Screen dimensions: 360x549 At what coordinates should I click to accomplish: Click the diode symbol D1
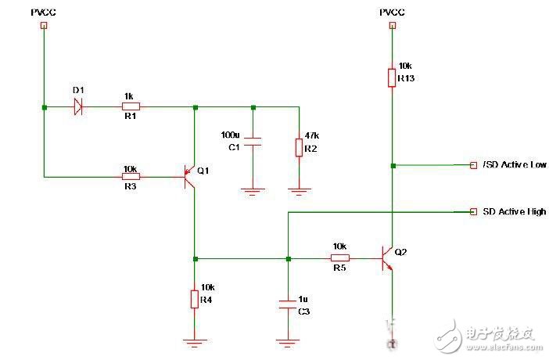[78, 107]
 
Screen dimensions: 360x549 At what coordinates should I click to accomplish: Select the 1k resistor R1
[131, 107]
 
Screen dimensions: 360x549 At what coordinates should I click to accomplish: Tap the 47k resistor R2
[298, 147]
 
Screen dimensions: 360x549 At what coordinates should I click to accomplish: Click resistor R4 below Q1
[194, 299]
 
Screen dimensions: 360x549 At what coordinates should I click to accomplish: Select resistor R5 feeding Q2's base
[339, 258]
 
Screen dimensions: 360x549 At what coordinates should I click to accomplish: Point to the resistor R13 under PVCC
[390, 77]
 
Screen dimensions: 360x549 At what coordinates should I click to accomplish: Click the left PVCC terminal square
[44, 25]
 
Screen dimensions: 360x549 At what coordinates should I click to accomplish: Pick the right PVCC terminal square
[390, 25]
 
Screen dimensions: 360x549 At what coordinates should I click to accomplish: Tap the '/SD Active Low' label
[515, 165]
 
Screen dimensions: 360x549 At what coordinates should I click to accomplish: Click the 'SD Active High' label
[515, 211]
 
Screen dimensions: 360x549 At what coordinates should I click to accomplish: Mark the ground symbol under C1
[252, 189]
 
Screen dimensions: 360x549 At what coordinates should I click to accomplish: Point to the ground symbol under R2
[298, 189]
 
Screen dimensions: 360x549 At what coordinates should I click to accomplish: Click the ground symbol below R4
[194, 340]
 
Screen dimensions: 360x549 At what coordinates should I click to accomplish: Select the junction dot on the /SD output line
[393, 165]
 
